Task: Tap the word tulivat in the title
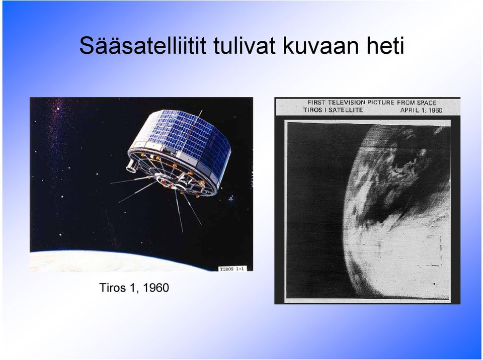[244, 46]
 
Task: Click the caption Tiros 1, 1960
[134, 288]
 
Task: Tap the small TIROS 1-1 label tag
[231, 269]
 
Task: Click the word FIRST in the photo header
[316, 103]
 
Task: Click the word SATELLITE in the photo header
[346, 110]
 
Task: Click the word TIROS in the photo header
[312, 110]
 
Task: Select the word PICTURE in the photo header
[381, 103]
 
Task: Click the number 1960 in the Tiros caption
[156, 288]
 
